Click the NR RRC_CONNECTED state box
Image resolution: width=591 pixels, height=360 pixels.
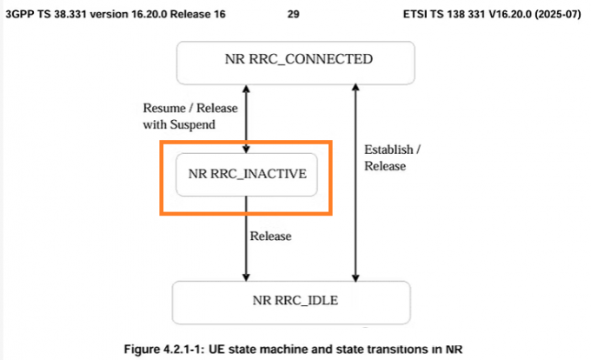point(293,61)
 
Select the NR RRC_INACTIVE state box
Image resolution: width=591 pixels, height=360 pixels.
point(247,173)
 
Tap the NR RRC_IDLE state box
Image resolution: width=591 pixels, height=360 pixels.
point(293,302)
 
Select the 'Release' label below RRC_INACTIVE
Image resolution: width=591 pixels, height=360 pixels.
point(270,236)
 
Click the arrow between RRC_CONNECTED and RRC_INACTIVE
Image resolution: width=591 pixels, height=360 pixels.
point(247,117)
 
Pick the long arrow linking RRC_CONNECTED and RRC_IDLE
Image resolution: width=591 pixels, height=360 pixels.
point(353,183)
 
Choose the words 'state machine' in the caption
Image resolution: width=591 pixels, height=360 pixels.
point(278,350)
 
